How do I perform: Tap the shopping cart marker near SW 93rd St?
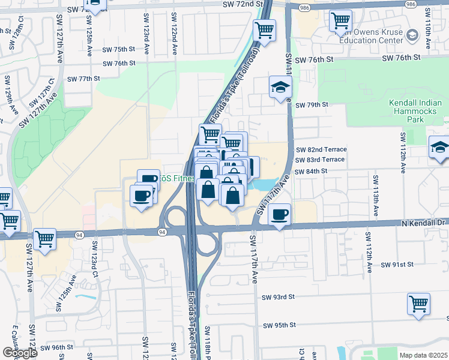click(x=419, y=303)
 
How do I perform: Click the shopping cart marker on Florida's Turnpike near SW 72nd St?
click(x=264, y=30)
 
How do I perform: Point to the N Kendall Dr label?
click(x=425, y=223)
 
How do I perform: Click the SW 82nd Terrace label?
click(x=321, y=149)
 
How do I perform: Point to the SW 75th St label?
click(x=119, y=49)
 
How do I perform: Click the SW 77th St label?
click(x=83, y=79)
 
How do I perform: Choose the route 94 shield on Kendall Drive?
click(x=162, y=232)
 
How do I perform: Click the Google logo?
click(x=20, y=353)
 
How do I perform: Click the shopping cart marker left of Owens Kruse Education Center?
click(x=340, y=21)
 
